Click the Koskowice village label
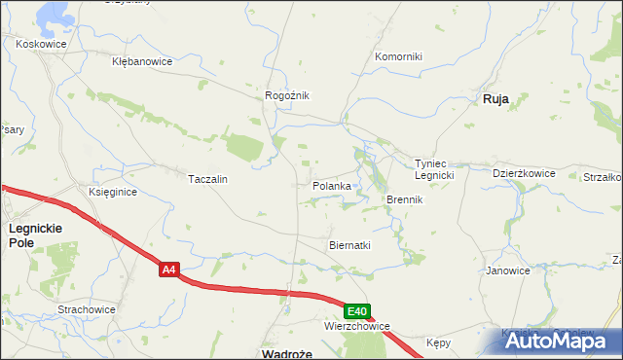(x=40, y=43)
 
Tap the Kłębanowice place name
(x=142, y=61)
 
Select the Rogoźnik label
(x=287, y=95)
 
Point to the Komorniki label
(x=399, y=56)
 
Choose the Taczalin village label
(x=207, y=179)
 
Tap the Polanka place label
(x=331, y=185)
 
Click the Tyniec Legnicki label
(x=435, y=169)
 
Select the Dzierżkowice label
(x=524, y=173)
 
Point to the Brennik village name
(x=404, y=199)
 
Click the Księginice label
(x=113, y=193)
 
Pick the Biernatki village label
(x=350, y=245)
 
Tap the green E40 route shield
(x=357, y=311)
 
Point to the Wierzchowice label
(x=357, y=326)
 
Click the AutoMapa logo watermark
(x=557, y=341)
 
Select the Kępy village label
(x=439, y=343)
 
